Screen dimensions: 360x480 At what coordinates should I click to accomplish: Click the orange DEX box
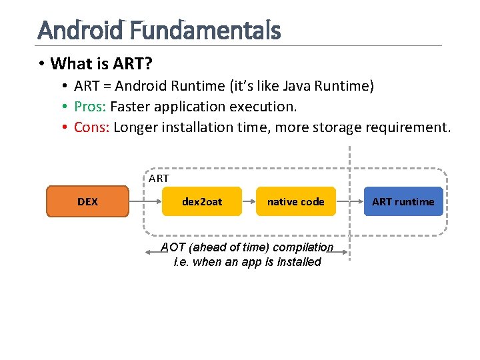[x=87, y=201]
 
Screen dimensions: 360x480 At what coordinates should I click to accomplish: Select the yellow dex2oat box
[x=202, y=201]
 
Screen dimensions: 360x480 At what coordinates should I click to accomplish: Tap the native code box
[x=295, y=201]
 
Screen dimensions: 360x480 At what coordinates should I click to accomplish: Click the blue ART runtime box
[x=403, y=201]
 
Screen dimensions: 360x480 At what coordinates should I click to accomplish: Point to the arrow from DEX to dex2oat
[x=145, y=201]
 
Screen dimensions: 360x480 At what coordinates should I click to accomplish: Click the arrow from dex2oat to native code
[x=249, y=201]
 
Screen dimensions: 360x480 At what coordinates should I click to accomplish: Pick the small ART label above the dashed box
[x=159, y=179]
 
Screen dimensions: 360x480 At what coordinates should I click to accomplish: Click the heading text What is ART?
[x=101, y=64]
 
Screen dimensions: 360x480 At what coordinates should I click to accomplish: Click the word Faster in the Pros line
[x=131, y=107]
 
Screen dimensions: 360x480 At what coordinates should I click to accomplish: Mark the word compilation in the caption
[x=301, y=247]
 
